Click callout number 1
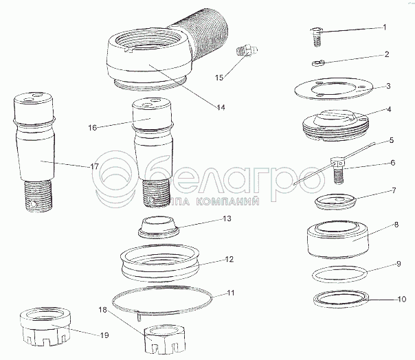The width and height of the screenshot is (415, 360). pos(385,27)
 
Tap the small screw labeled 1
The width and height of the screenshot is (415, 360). pos(317,36)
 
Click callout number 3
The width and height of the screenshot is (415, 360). pos(388,87)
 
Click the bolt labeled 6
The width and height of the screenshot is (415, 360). pos(338,170)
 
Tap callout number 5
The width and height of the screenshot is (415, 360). pos(392,140)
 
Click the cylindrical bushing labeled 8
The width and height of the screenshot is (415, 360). pos(338,240)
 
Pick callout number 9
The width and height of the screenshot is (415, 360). pos(399,264)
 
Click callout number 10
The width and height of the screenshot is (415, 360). pos(402,299)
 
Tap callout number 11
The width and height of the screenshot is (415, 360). pos(231,293)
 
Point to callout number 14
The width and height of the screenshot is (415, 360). pos(221,107)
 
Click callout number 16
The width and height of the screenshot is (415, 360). pos(93,128)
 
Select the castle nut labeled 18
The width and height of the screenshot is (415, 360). pos(165,340)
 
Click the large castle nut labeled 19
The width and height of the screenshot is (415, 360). pos(45,327)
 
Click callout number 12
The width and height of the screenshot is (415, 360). pos(229,259)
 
